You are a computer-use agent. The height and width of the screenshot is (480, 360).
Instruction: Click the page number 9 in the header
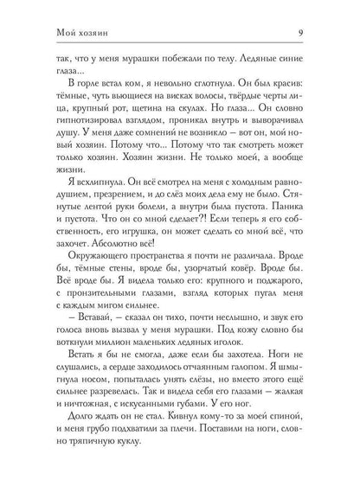click(x=322, y=10)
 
